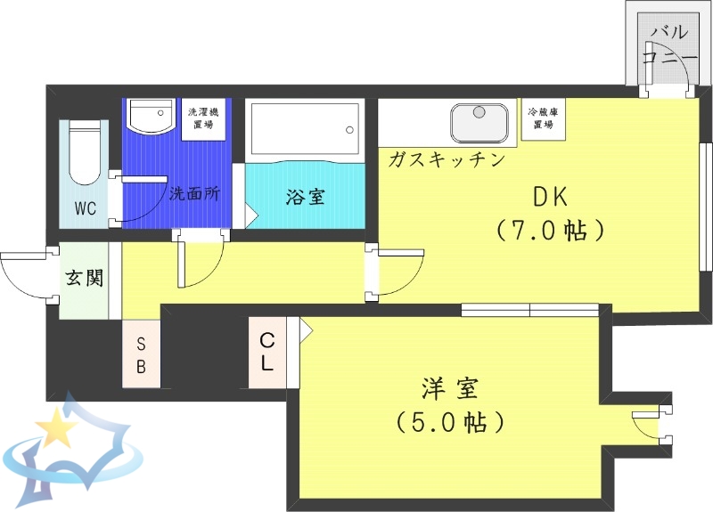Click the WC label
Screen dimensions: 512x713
[x=86, y=209]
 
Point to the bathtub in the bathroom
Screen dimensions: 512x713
[x=304, y=130]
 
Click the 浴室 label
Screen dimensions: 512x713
[x=304, y=197]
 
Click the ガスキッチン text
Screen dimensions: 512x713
[x=447, y=160]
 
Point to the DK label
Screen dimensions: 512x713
[x=550, y=197]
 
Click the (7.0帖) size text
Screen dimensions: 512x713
[x=550, y=231]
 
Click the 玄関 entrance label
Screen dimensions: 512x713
[x=83, y=277]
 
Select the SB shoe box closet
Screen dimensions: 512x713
[x=142, y=354]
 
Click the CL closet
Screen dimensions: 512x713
[x=267, y=353]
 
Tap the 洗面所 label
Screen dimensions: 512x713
[x=194, y=193]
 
